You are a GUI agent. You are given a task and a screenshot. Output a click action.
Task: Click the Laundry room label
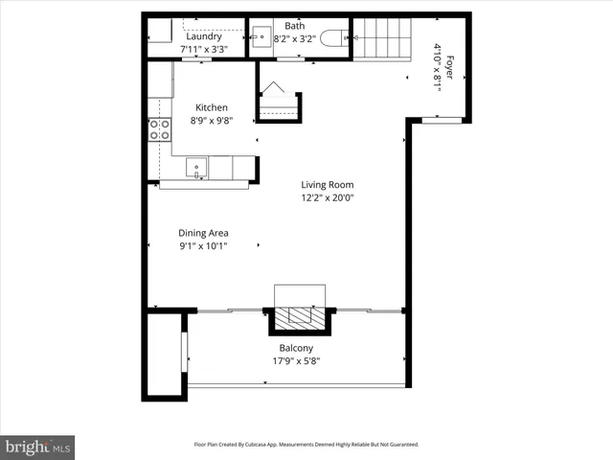coord(204,36)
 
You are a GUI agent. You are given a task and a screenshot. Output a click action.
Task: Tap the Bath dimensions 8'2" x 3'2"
coord(295,40)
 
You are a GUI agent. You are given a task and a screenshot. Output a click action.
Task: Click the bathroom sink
coord(261,40)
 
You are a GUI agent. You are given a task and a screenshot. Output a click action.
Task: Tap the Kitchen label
coord(212,107)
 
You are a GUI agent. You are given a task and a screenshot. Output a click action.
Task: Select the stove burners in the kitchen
coord(159,129)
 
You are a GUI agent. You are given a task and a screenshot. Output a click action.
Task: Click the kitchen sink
coord(195,169)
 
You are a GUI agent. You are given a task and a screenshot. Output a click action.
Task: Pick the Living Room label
coord(328,185)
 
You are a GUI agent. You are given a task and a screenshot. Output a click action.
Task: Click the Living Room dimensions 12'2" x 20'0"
coord(328,198)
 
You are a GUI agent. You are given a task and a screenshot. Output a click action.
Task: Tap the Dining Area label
coord(203,232)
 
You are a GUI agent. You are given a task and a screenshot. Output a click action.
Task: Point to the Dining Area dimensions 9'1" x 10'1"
coord(203,246)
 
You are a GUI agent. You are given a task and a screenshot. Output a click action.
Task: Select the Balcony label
coord(296,348)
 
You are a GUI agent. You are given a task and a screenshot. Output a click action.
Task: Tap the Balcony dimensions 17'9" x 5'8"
coord(296,361)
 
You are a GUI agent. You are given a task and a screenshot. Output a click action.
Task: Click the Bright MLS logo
coord(37,447)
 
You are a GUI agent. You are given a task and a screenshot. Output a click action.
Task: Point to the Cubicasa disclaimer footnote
coord(306,445)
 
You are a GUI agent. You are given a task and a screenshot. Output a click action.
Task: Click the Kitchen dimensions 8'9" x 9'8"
coord(212,122)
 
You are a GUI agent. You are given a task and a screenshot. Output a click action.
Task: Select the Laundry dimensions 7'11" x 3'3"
coord(204,49)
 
